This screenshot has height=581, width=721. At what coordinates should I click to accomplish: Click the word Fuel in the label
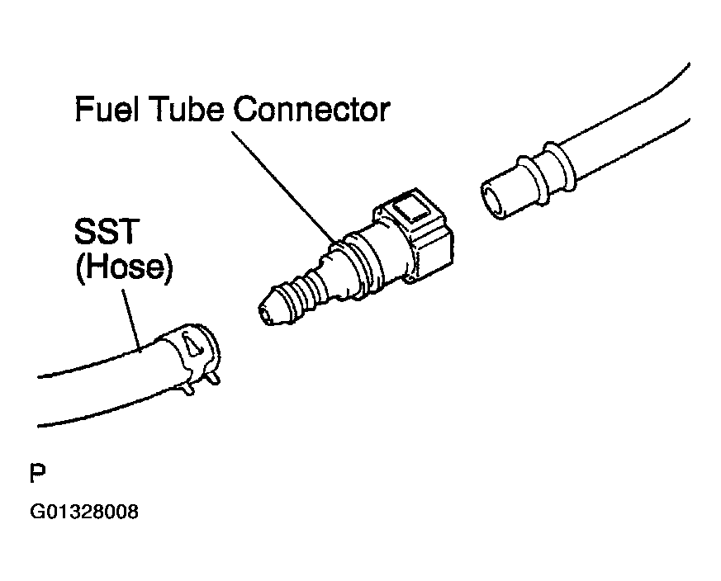107,109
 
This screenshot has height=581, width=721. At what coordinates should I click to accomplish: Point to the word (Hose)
124,270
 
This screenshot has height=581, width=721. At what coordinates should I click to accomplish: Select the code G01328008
83,513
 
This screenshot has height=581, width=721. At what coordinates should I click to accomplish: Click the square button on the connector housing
412,211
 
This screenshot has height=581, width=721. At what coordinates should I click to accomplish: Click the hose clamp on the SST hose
195,351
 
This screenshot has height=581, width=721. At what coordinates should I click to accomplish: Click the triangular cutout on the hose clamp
192,346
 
